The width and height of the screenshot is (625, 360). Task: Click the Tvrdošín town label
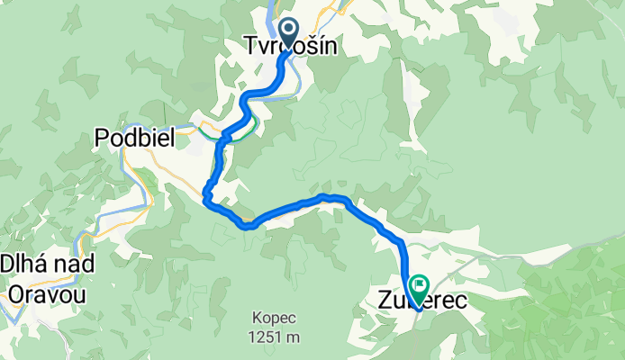(291, 45)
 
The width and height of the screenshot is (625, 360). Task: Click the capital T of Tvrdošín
(251, 45)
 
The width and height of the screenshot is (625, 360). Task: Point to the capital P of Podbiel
(102, 138)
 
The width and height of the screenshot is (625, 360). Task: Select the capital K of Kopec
(258, 319)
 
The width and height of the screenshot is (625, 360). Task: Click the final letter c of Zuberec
(461, 301)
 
